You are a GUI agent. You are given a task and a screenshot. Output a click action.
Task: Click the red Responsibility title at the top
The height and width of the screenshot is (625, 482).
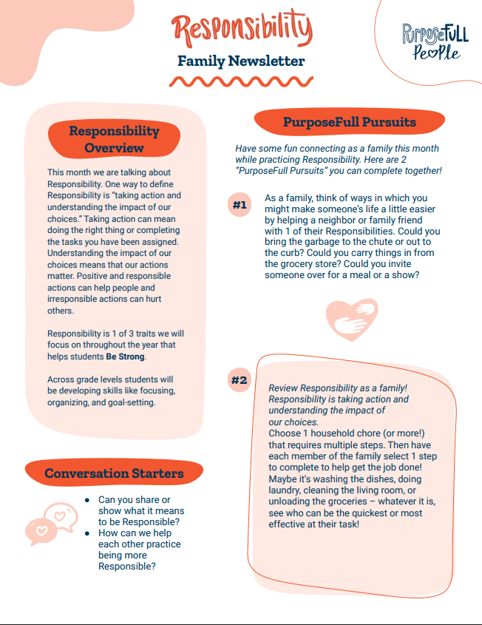241,29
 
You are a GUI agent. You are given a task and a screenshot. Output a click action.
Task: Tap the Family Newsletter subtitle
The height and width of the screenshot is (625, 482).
241,61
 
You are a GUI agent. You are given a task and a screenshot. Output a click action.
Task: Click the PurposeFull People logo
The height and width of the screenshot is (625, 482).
435,41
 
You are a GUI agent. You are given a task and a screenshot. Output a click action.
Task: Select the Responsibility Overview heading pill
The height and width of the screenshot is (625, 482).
114,139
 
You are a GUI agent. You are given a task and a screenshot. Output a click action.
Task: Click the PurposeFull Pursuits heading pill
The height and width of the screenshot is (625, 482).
349,122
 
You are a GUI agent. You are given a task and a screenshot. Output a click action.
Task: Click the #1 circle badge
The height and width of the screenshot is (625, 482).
240,205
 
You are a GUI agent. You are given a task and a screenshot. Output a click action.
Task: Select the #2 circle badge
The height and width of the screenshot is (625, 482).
239,381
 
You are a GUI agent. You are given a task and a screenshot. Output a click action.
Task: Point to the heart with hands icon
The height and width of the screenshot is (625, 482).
352,317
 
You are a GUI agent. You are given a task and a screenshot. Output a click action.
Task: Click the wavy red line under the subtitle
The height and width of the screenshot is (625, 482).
241,80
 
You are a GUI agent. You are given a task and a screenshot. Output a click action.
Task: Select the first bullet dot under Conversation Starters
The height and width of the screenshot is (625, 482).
87,500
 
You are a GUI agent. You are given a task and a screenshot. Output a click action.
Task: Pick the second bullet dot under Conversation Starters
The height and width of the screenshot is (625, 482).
87,533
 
